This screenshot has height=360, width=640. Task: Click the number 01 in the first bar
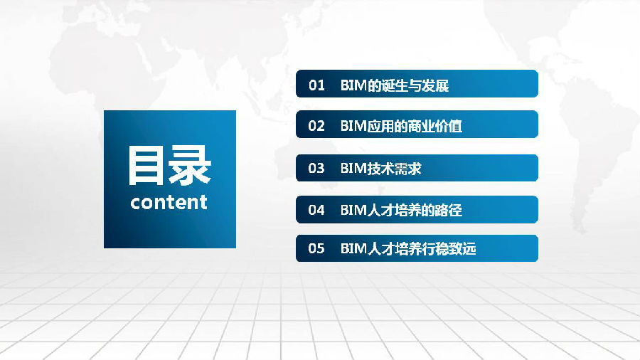click(316, 85)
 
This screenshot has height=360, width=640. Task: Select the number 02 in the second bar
click(316, 126)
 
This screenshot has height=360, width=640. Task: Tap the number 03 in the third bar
click(316, 168)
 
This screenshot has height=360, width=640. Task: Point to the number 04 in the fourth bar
click(316, 210)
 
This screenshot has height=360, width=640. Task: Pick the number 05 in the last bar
click(316, 248)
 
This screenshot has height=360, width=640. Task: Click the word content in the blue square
click(169, 202)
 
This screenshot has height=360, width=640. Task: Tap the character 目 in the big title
click(146, 166)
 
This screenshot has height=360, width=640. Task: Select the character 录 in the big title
click(190, 166)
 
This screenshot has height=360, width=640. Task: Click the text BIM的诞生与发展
click(395, 85)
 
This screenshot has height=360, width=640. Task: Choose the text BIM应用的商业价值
click(401, 126)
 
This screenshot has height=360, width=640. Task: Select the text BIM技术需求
click(381, 168)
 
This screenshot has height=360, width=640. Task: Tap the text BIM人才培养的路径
click(401, 210)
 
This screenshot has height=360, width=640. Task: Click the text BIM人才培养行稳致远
click(408, 248)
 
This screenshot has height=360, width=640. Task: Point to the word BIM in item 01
click(354, 85)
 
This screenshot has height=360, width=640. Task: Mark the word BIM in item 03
click(354, 168)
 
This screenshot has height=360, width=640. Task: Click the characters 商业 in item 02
click(422, 126)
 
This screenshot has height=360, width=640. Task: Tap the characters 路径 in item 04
click(449, 210)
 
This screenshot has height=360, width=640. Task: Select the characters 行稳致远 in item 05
click(449, 248)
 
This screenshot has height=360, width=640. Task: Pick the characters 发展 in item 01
click(435, 85)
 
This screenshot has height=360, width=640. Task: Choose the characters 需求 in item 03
click(408, 168)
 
